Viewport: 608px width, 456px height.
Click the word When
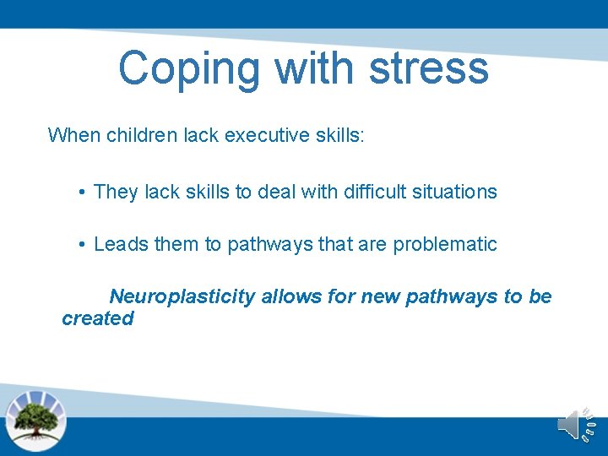73,135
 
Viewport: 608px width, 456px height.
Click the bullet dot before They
83,193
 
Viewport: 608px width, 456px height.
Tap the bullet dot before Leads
83,245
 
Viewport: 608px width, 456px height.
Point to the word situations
458,193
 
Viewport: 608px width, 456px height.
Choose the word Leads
119,245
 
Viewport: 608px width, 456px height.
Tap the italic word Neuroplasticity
182,297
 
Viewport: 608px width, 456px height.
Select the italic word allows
288,296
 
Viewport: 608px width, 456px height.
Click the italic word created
98,318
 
